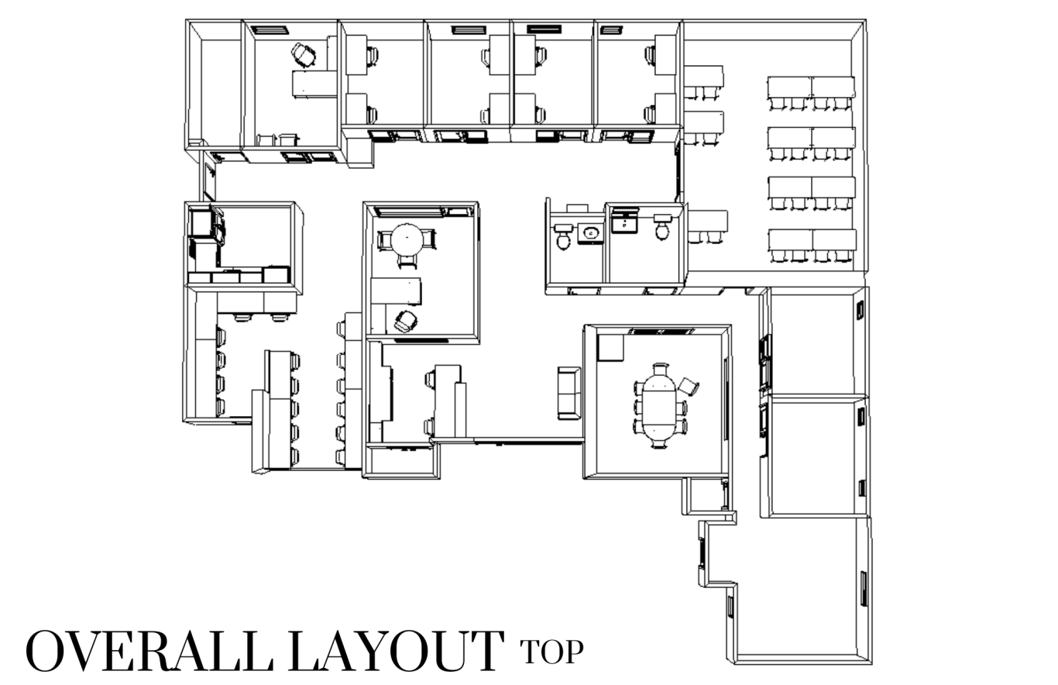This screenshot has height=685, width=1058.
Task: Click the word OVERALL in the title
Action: coord(149,651)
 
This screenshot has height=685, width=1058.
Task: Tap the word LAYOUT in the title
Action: coord(397,651)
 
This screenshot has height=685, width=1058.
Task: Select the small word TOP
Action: coord(551,652)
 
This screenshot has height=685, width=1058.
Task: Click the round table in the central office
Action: coord(407,239)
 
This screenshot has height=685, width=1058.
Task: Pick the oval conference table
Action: coord(659,406)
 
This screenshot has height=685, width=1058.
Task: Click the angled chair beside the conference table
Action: coord(689,387)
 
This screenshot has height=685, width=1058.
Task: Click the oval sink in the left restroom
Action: coord(590,233)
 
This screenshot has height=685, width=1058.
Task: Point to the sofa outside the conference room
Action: coord(569,393)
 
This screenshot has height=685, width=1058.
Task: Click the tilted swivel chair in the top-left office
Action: coord(304,55)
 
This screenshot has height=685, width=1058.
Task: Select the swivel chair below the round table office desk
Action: coord(406,322)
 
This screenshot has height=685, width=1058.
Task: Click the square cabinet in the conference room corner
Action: coord(610,348)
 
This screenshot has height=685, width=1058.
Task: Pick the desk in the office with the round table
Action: coord(397,291)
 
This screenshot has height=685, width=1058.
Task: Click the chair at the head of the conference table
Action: coord(661,369)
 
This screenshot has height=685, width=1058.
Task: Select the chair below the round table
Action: coord(407,261)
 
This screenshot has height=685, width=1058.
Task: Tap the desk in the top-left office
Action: coord(314,84)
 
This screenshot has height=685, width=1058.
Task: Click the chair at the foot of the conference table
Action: coord(659,443)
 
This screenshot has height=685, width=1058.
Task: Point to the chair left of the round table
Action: coord(384,239)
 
